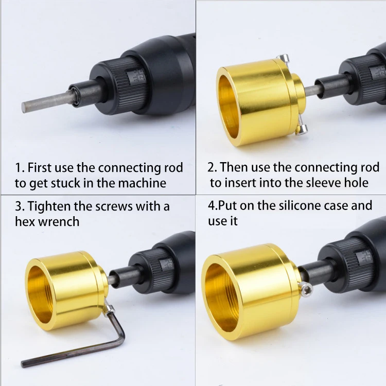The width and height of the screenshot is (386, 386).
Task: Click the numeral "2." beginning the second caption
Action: tap(213, 167)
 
